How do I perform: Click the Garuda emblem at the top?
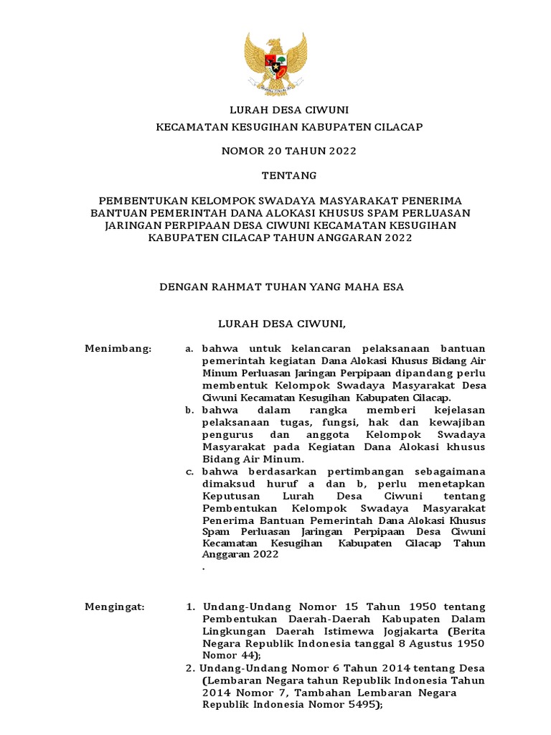coord(275,64)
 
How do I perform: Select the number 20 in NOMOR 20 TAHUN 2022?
coord(273,151)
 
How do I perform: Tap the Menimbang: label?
coord(118,348)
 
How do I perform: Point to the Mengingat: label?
coord(115,607)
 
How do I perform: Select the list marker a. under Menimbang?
coord(189,349)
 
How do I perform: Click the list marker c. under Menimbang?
coord(189,472)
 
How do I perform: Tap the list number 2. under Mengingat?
coord(190,668)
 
